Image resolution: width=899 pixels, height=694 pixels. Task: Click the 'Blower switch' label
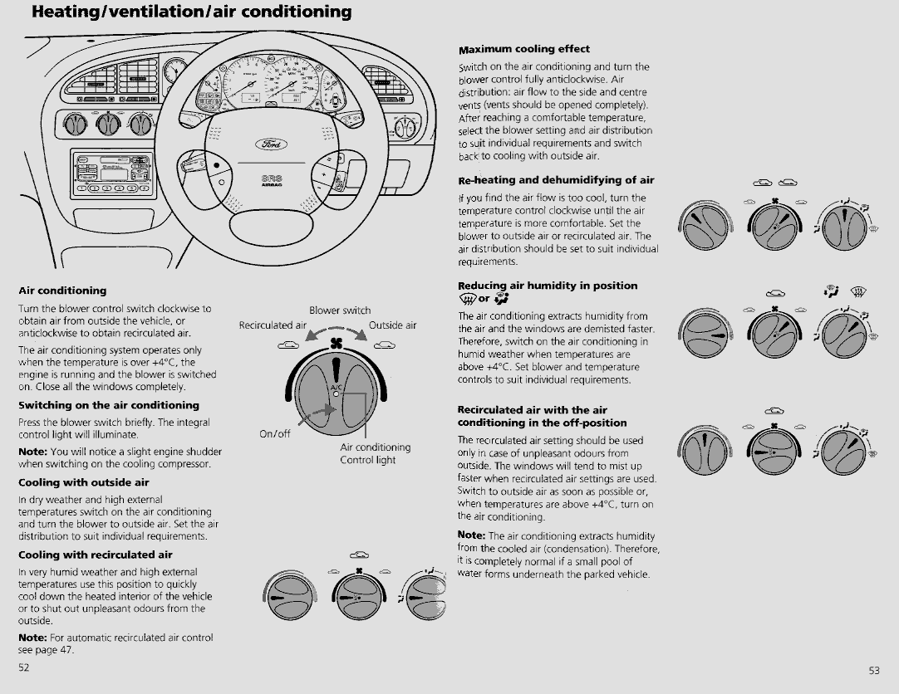[340, 310]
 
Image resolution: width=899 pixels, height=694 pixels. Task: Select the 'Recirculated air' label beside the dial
[273, 325]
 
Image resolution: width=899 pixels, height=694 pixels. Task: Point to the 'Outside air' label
[392, 325]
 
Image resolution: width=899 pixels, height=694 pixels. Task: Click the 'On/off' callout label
[274, 433]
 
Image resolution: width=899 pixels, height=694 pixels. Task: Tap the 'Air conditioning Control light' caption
[375, 453]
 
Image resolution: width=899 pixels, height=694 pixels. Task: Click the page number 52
[24, 667]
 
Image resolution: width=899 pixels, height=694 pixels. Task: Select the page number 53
[874, 670]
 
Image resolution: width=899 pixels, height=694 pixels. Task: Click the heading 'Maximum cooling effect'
[523, 49]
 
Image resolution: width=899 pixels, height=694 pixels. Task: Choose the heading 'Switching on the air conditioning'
[109, 405]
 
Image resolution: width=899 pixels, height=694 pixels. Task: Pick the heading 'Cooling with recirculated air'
[96, 555]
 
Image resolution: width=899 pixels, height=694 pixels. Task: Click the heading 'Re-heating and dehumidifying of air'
[556, 179]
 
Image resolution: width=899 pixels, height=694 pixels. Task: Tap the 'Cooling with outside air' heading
[84, 481]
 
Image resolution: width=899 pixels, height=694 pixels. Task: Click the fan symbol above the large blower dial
[337, 343]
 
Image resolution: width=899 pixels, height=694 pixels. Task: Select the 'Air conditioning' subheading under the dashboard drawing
[62, 291]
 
